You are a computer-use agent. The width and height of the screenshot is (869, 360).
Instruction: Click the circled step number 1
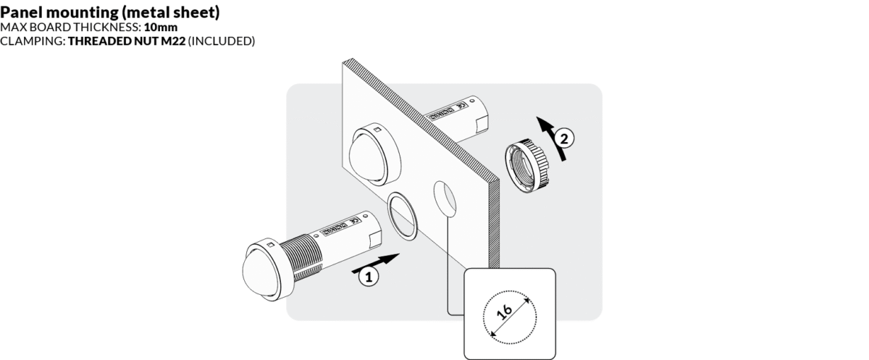[368, 275]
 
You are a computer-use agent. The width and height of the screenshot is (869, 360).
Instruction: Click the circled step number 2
[567, 135]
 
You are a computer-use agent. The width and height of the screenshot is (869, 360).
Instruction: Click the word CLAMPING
[32, 41]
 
